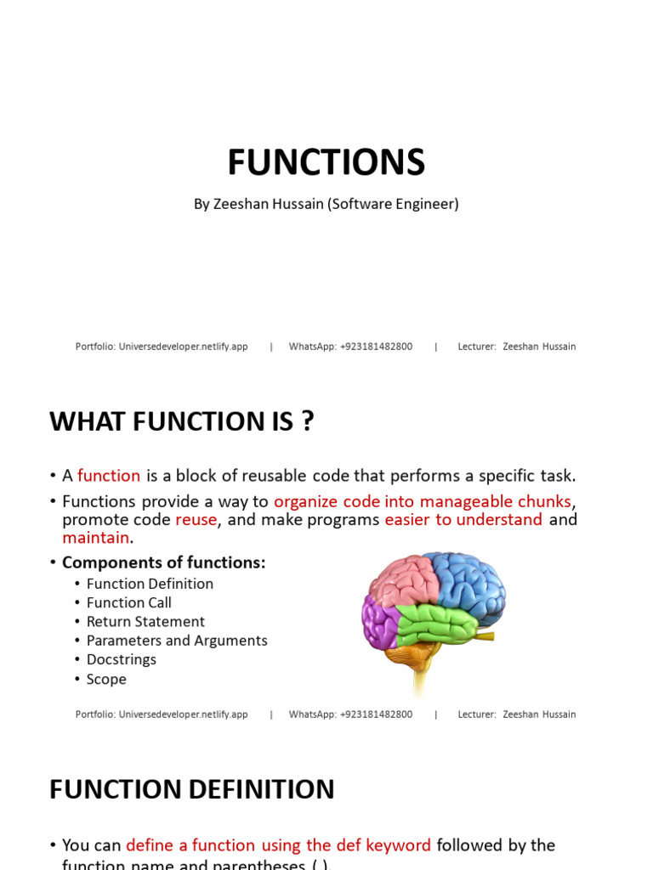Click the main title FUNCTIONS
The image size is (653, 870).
coord(326,162)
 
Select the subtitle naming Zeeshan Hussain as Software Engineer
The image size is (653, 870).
coord(326,204)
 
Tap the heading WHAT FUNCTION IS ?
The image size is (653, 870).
coord(182,421)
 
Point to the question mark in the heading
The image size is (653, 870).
coord(308,421)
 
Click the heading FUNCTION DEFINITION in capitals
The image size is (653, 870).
coord(192,789)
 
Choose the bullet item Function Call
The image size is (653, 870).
coord(129,602)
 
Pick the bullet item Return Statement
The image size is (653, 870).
coord(145,621)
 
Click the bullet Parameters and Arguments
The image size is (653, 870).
coord(177,641)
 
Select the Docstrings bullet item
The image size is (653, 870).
coord(122,659)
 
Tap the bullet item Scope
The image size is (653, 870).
coord(106,679)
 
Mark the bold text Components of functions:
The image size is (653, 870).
coord(164,562)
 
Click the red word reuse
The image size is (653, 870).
coord(196,519)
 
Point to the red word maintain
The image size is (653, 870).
coord(96,538)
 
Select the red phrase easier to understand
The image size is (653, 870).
coord(463,519)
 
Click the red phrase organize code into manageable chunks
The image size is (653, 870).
coord(423,501)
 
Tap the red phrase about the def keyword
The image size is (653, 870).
coord(279,845)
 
